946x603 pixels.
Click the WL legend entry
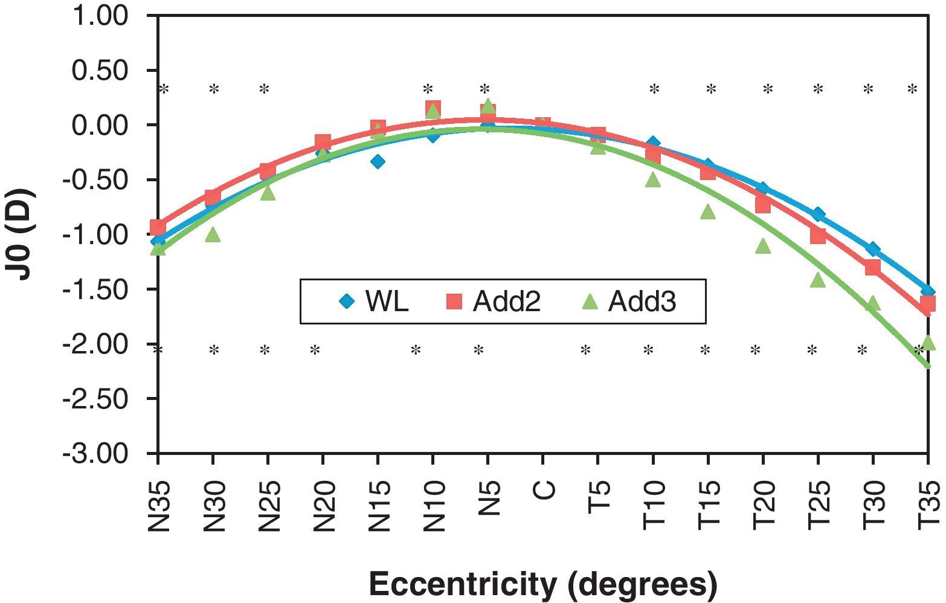tap(375, 301)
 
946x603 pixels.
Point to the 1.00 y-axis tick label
tap(100, 16)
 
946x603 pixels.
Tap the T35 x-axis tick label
tap(928, 505)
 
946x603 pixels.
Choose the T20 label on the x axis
tap(763, 505)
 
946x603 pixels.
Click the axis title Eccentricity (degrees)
tap(542, 584)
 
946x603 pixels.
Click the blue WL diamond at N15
tap(378, 161)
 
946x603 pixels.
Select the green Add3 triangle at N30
tap(213, 234)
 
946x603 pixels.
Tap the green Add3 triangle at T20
tap(763, 246)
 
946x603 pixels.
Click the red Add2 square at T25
tap(818, 236)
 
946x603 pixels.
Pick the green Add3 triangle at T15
tap(708, 211)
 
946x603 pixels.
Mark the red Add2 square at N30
tap(213, 198)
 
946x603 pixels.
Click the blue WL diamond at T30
tap(872, 249)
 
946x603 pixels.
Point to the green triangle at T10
tap(653, 179)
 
